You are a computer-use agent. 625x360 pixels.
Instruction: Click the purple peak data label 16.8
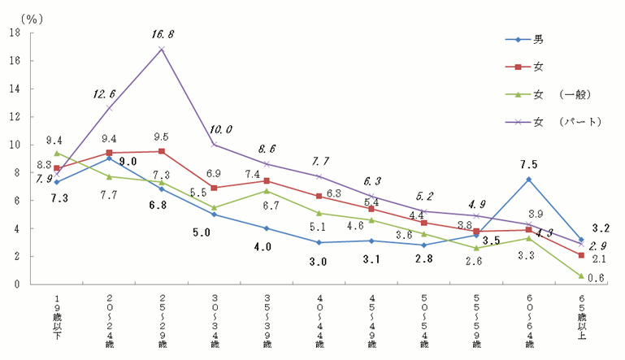[x=162, y=34]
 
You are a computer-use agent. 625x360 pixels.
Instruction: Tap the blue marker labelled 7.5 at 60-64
[x=528, y=179]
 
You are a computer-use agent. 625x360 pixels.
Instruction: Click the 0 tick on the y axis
[x=17, y=284]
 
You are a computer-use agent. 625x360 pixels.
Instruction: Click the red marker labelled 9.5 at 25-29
[x=162, y=151]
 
